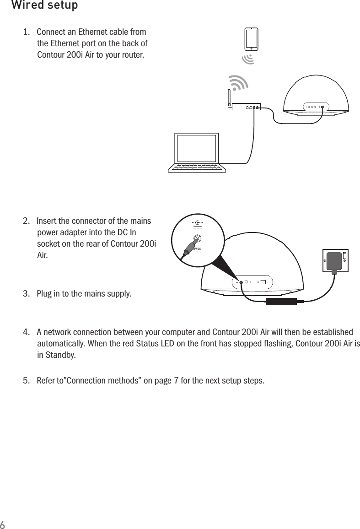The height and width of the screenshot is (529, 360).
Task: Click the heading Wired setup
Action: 44,5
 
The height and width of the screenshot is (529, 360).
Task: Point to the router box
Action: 246,107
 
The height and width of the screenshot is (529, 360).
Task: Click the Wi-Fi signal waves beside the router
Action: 239,84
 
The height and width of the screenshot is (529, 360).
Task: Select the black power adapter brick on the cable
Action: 281,302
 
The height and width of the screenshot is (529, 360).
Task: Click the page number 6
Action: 3,523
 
